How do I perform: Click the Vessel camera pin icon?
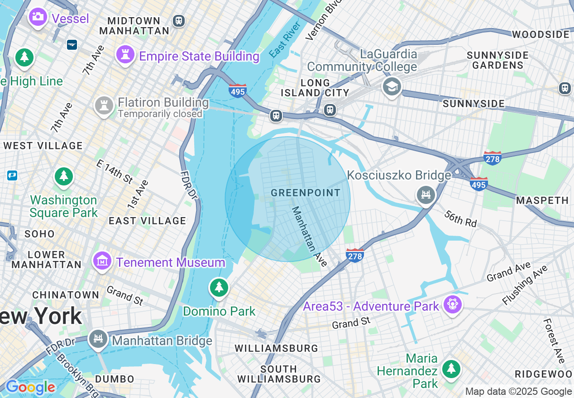point(38,17)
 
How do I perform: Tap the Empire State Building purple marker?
point(125,55)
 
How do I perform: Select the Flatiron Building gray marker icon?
point(104,105)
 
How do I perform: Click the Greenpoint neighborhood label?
point(306,193)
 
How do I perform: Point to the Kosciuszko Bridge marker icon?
point(426,195)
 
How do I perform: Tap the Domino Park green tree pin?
point(219,287)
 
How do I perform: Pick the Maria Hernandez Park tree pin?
point(451,369)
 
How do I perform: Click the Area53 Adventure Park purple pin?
point(452,304)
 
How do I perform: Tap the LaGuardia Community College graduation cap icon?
point(392,86)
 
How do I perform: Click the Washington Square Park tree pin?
point(64,176)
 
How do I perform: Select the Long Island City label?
point(315,88)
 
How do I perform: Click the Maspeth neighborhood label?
point(542,200)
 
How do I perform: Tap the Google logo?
point(30,388)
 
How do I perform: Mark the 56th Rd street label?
point(460,218)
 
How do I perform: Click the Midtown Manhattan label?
point(134,26)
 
